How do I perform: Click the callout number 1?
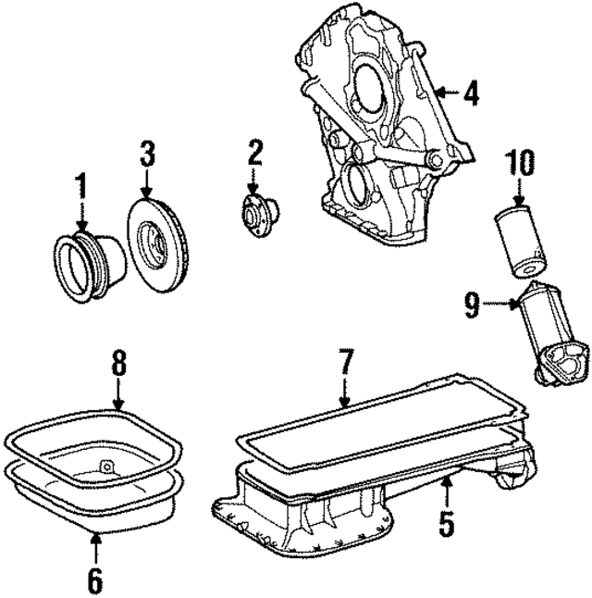tap(80, 188)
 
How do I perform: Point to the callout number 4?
tap(471, 93)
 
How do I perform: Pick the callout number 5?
tap(447, 524)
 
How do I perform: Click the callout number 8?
tap(117, 363)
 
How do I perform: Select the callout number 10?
tap(519, 164)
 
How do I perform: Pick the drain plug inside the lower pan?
tap(105, 466)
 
